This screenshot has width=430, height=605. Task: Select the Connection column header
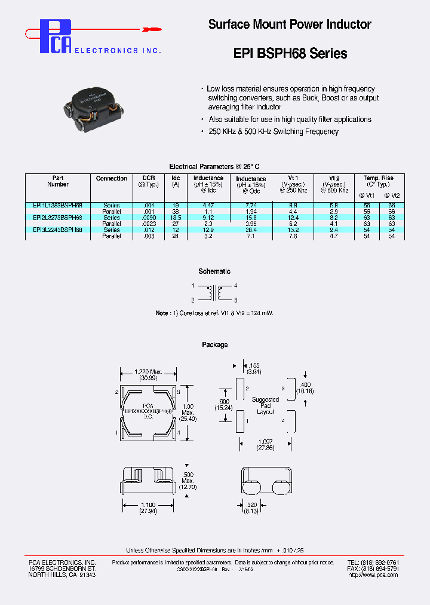112,178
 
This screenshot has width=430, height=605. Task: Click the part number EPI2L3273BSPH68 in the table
58,218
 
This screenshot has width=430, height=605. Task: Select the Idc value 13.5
176,218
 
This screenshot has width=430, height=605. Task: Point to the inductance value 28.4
251,230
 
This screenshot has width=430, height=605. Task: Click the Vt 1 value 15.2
293,230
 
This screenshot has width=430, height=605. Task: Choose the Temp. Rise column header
379,178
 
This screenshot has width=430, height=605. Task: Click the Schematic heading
214,271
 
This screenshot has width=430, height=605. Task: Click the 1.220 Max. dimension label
148,372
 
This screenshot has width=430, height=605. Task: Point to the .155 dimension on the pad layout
254,364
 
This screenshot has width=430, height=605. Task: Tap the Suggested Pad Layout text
265,405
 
